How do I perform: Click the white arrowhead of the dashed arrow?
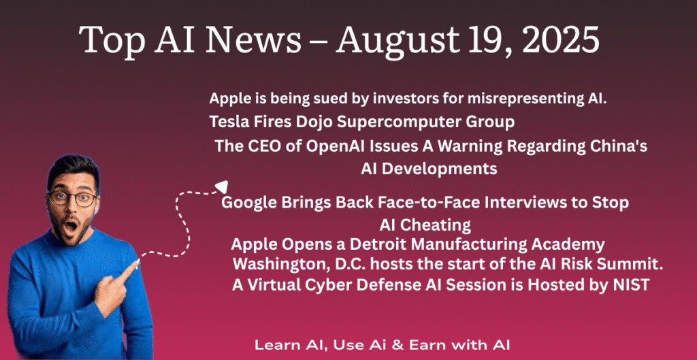[x=221, y=186]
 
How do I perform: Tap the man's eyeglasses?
[x=72, y=198]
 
